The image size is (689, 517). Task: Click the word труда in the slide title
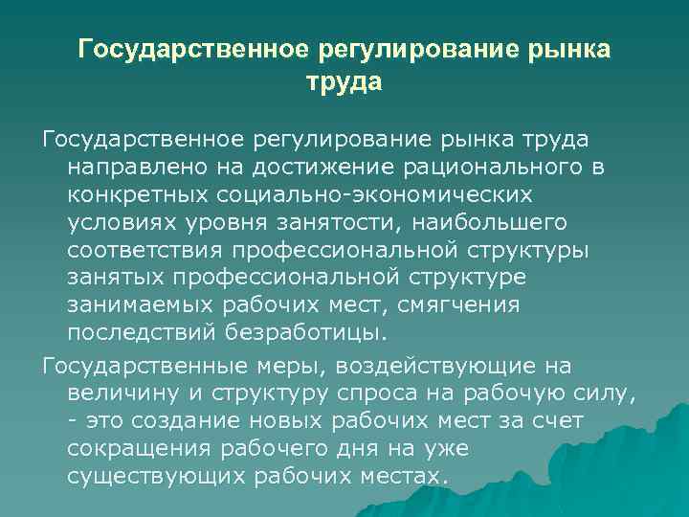[x=344, y=83]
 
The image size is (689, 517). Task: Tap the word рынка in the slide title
[x=567, y=49]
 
